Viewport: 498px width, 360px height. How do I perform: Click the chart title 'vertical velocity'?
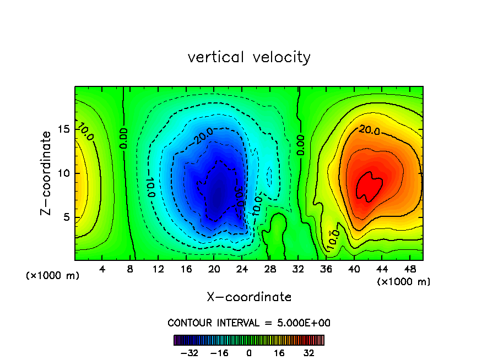point(249,57)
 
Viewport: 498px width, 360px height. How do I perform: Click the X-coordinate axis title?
point(249,297)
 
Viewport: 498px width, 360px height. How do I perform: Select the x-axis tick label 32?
point(298,269)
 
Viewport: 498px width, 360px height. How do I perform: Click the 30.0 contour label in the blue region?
point(239,196)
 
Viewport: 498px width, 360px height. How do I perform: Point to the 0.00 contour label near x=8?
point(124,138)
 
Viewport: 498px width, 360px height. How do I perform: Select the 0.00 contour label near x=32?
point(301,144)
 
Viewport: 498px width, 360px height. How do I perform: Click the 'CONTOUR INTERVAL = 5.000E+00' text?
point(249,323)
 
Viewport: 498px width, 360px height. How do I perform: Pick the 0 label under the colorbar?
point(249,353)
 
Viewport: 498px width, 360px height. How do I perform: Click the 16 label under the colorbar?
point(279,353)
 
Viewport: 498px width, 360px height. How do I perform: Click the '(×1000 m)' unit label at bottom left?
point(53,275)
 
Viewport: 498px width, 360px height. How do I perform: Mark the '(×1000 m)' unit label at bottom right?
point(403,281)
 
